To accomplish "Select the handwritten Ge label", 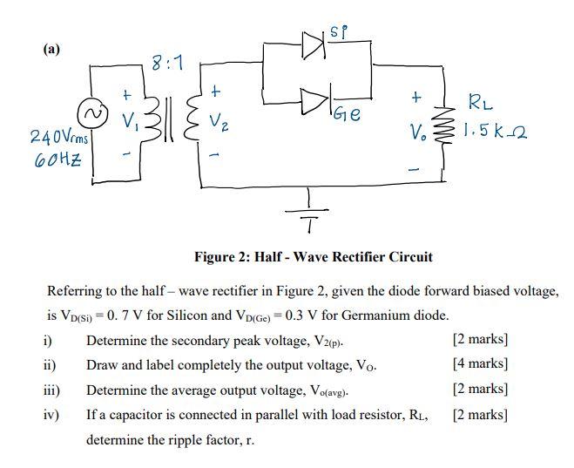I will [x=359, y=114].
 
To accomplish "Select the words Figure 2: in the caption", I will [x=225, y=256].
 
